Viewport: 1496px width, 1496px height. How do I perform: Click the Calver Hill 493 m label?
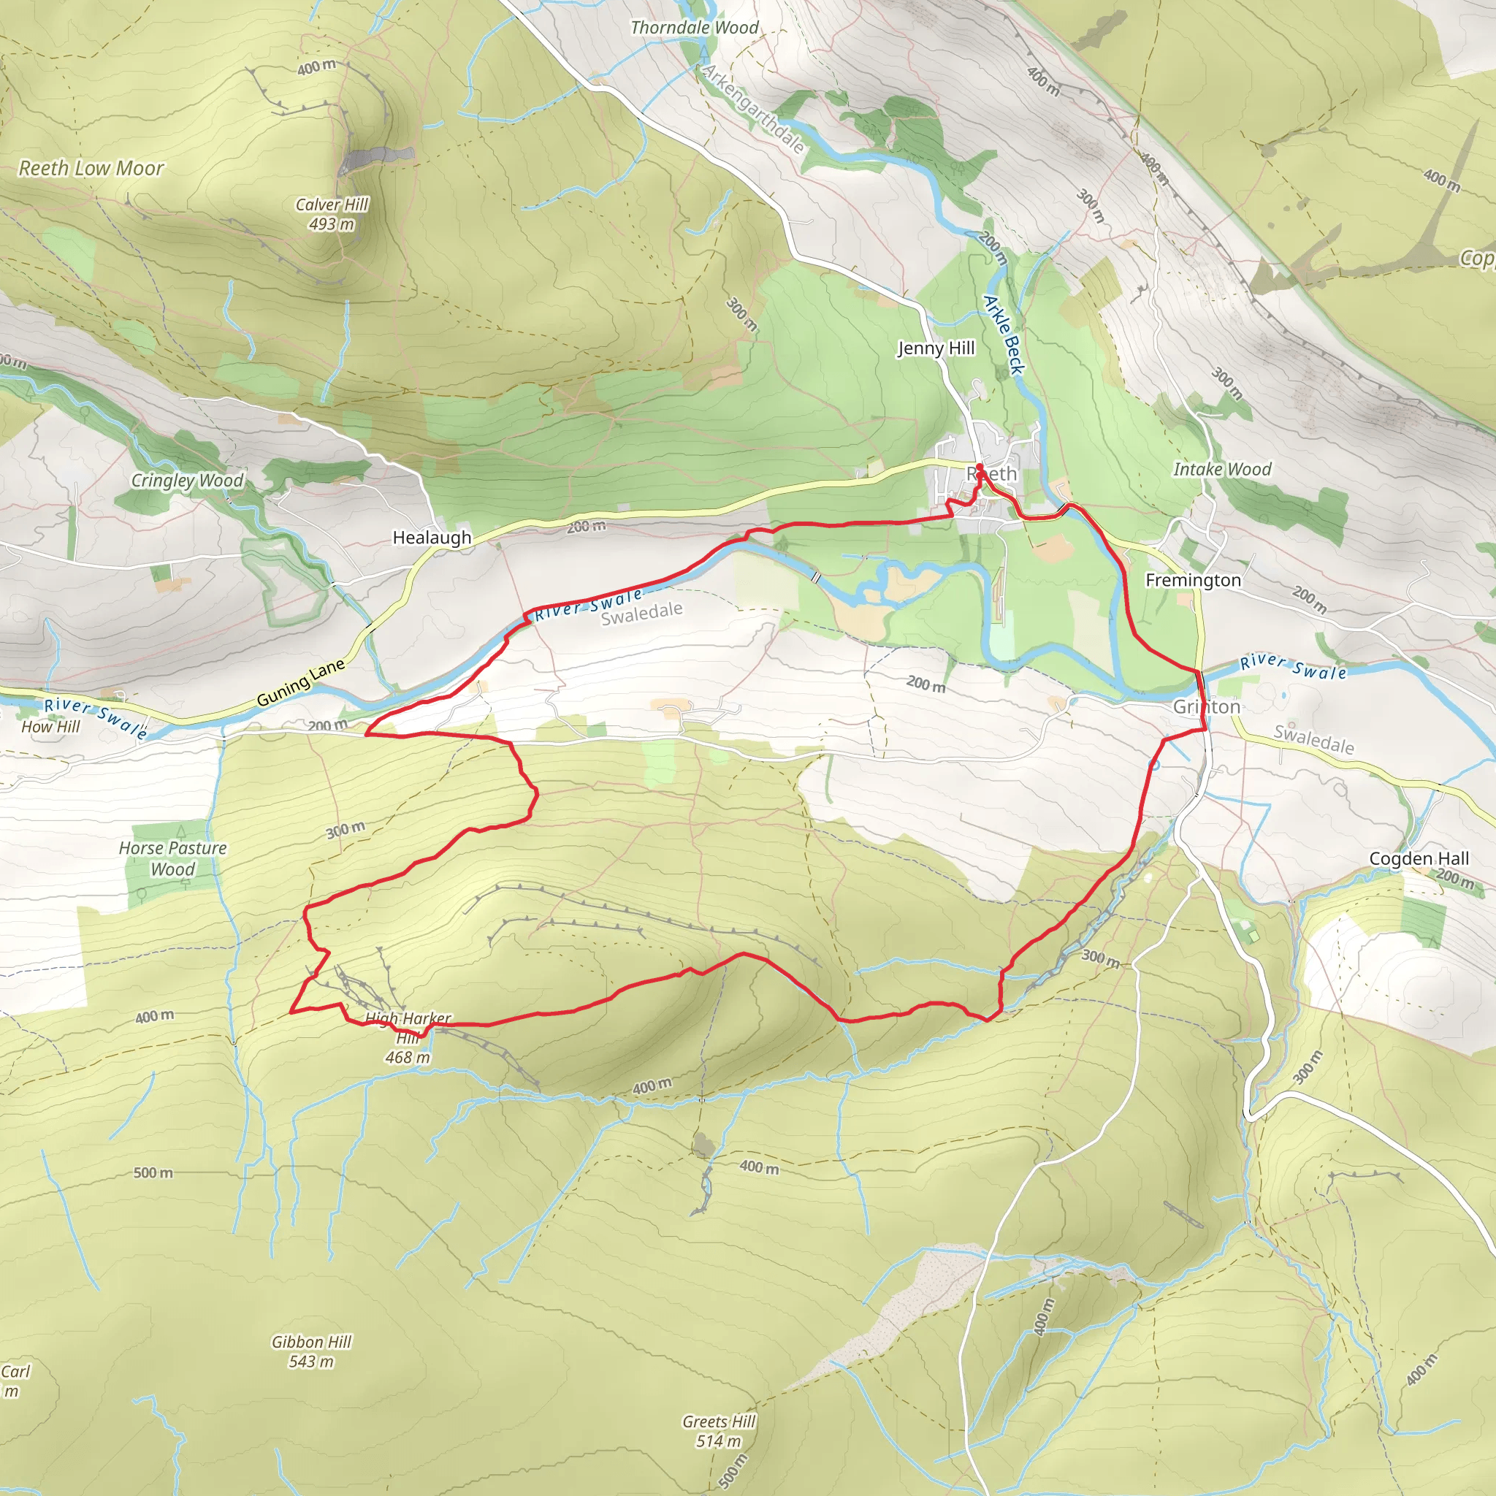(332, 214)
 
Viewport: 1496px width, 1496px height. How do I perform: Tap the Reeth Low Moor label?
(91, 168)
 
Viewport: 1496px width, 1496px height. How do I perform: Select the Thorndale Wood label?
(695, 28)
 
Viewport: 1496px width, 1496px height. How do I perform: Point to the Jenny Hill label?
(936, 348)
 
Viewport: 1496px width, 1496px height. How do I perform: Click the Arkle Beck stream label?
(1004, 334)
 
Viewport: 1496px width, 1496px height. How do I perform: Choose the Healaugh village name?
(431, 538)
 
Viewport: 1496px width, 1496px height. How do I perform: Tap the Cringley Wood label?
(188, 480)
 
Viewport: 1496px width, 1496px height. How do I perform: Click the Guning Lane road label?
(300, 683)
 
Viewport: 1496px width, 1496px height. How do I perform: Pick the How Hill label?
(50, 726)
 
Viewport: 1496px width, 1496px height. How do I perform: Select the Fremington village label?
(1192, 580)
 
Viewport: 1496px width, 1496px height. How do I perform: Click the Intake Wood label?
(1222, 469)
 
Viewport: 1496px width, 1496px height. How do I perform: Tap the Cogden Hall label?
(1419, 858)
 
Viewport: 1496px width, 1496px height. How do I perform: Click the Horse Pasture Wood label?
(172, 858)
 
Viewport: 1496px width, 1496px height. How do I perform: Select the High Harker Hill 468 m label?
(408, 1037)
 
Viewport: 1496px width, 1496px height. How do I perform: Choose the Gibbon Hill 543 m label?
(311, 1351)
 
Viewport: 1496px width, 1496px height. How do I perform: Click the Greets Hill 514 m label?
(719, 1431)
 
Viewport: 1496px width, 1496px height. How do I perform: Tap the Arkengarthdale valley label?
(752, 109)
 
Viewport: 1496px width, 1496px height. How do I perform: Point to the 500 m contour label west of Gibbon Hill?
(153, 1172)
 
